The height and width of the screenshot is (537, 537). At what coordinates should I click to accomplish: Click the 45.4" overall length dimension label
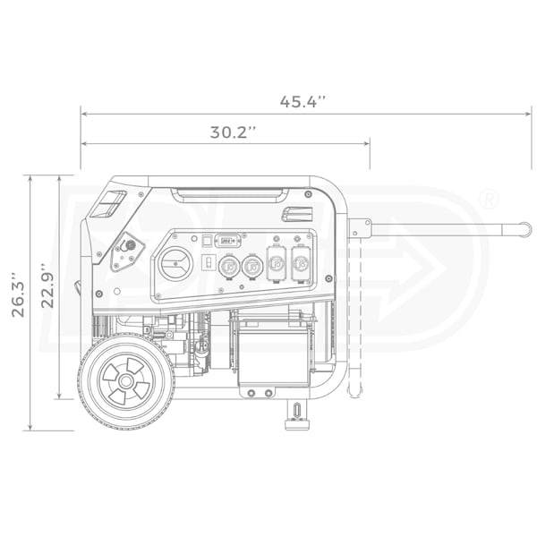pyautogui.click(x=303, y=101)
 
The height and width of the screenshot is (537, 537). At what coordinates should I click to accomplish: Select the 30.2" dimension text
pyautogui.click(x=233, y=132)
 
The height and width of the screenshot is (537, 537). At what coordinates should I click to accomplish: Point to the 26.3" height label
pyautogui.click(x=18, y=294)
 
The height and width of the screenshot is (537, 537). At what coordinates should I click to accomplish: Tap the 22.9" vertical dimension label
pyautogui.click(x=47, y=286)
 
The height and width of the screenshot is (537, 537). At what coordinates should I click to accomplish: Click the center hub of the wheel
pyautogui.click(x=126, y=381)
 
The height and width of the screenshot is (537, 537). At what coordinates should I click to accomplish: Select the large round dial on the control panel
pyautogui.click(x=176, y=264)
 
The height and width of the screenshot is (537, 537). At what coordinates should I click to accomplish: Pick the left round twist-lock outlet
pyautogui.click(x=229, y=266)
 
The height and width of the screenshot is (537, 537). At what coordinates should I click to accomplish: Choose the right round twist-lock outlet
pyautogui.click(x=252, y=266)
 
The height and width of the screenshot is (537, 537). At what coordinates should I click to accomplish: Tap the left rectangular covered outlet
pyautogui.click(x=277, y=263)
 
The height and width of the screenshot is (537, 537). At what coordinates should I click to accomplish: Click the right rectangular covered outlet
pyautogui.click(x=302, y=263)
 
